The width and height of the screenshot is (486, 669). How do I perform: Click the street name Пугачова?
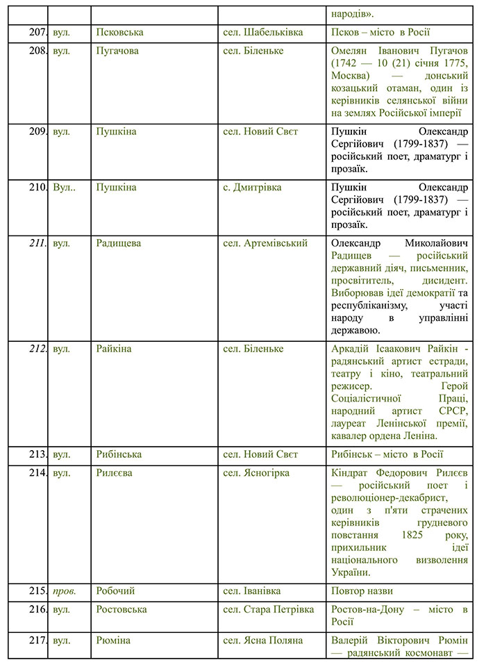click(x=117, y=51)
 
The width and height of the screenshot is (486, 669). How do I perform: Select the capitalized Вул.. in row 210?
click(x=65, y=187)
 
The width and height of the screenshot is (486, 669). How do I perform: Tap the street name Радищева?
click(x=118, y=243)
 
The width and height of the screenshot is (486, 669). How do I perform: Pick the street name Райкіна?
click(x=114, y=348)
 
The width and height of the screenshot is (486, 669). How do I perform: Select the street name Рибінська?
click(x=119, y=454)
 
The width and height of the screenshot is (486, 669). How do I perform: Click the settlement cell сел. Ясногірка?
click(x=256, y=473)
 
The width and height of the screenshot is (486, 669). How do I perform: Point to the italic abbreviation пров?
click(x=65, y=590)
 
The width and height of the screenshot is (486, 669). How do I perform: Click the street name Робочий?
click(x=115, y=590)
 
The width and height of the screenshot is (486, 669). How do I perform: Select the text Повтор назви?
click(x=362, y=590)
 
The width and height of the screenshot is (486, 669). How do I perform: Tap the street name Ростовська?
click(x=121, y=609)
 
